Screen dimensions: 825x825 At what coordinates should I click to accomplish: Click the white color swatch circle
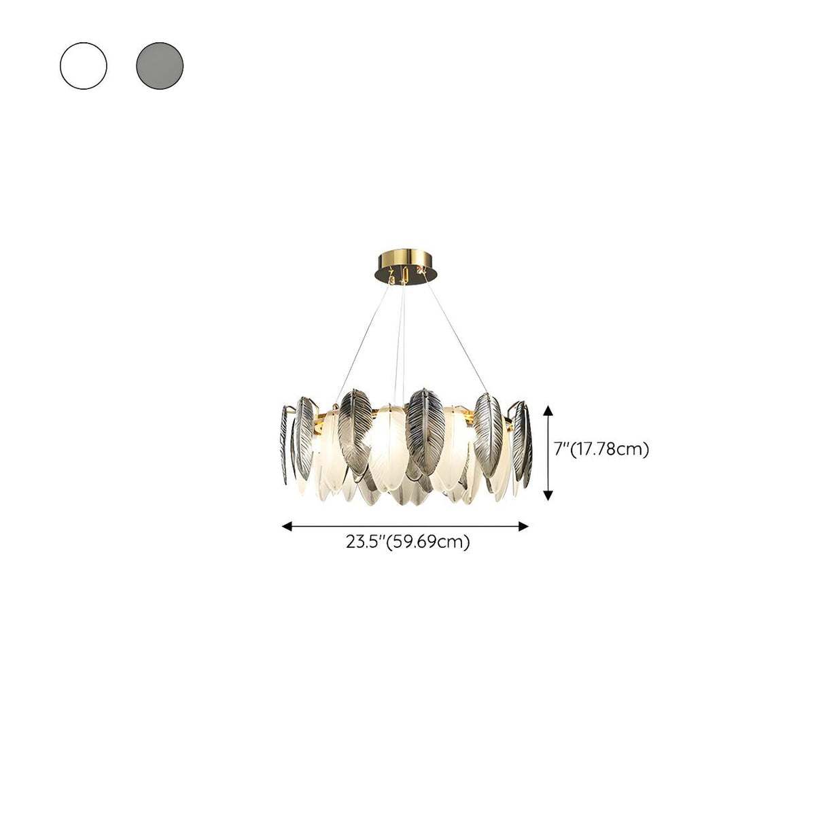[84, 66]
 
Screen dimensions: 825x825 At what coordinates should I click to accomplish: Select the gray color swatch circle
[160, 66]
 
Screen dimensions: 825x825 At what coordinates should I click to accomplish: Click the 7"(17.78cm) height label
[601, 449]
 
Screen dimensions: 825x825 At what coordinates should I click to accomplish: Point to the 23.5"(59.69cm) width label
[408, 542]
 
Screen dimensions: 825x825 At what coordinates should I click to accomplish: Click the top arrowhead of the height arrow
[548, 408]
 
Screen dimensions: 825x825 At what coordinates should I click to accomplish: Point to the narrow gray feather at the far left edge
[284, 442]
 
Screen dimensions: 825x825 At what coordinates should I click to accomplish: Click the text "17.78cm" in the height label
[612, 449]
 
